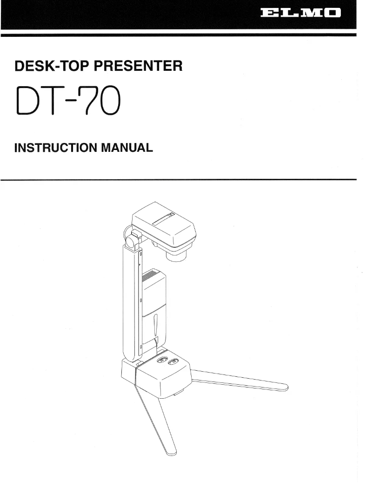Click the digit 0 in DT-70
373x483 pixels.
tap(113, 102)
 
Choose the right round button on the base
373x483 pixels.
tap(175, 362)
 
